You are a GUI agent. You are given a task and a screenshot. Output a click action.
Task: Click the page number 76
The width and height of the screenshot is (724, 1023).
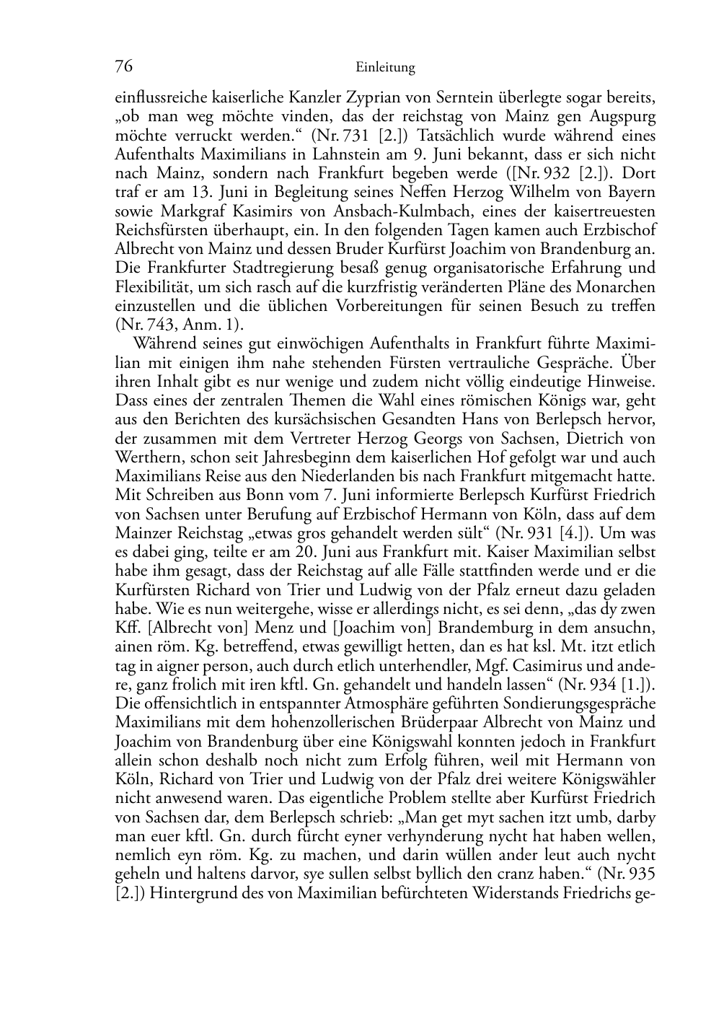124,67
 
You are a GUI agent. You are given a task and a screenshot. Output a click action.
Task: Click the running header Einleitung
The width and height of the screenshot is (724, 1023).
385,69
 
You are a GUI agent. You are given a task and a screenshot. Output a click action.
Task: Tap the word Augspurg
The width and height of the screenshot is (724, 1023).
616,115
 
